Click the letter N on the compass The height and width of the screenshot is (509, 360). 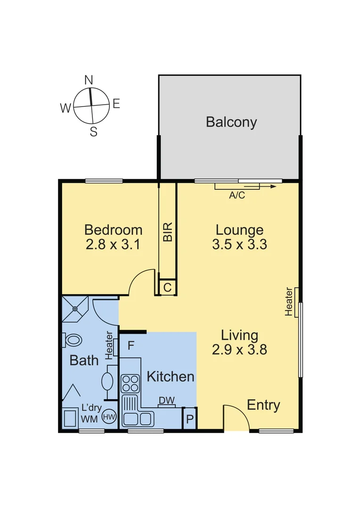pyautogui.click(x=89, y=80)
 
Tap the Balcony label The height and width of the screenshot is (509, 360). pyautogui.click(x=231, y=122)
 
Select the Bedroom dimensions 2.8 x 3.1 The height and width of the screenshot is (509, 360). pyautogui.click(x=114, y=245)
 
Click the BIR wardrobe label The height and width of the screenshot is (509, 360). pyautogui.click(x=167, y=232)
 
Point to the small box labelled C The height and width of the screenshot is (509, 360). pyautogui.click(x=167, y=287)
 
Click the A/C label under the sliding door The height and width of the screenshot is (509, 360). pyautogui.click(x=237, y=196)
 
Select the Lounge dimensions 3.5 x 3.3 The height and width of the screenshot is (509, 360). pyautogui.click(x=239, y=245)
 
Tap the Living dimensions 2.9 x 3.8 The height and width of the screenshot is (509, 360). pyautogui.click(x=239, y=350)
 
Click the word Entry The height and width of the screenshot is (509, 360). pyautogui.click(x=263, y=405)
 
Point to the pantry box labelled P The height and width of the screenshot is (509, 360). pyautogui.click(x=189, y=419)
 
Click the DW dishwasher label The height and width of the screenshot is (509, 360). pyautogui.click(x=166, y=400)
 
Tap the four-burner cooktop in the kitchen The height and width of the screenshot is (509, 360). pyautogui.click(x=130, y=384)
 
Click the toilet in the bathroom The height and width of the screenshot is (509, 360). pyautogui.click(x=73, y=339)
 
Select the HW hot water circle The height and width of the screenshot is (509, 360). pyautogui.click(x=109, y=417)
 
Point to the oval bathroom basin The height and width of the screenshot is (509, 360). pyautogui.click(x=107, y=381)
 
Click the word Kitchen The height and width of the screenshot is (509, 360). pyautogui.click(x=170, y=377)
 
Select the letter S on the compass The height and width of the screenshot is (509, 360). pyautogui.click(x=93, y=132)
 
